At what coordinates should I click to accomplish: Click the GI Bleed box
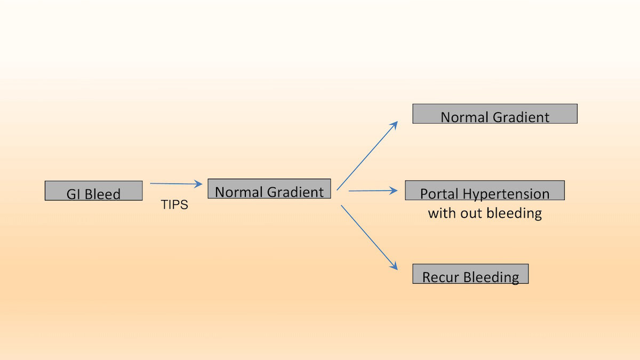pyautogui.click(x=93, y=190)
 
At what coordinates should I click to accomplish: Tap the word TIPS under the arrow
pyautogui.click(x=174, y=205)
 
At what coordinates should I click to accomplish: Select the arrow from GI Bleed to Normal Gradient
pyautogui.click(x=176, y=183)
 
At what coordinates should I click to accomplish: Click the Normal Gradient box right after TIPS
pyautogui.click(x=269, y=189)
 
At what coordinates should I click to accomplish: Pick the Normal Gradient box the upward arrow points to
pyautogui.click(x=495, y=114)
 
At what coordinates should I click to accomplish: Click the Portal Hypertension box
pyautogui.click(x=485, y=190)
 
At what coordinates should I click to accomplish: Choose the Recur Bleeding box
pyautogui.click(x=470, y=274)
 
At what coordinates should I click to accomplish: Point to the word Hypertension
pyautogui.click(x=506, y=194)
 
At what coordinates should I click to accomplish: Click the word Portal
pyautogui.click(x=439, y=194)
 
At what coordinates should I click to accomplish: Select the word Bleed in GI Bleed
pyautogui.click(x=102, y=194)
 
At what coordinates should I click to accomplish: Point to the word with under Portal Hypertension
pyautogui.click(x=442, y=213)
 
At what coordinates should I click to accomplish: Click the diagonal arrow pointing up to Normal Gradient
pyautogui.click(x=367, y=156)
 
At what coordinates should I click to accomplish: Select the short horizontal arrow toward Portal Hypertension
pyautogui.click(x=373, y=190)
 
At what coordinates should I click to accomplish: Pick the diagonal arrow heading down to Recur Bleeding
pyautogui.click(x=369, y=237)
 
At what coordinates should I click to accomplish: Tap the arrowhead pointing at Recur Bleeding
pyautogui.click(x=394, y=266)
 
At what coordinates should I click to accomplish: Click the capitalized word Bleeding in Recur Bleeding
pyautogui.click(x=491, y=277)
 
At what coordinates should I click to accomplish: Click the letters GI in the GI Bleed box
pyautogui.click(x=73, y=194)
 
